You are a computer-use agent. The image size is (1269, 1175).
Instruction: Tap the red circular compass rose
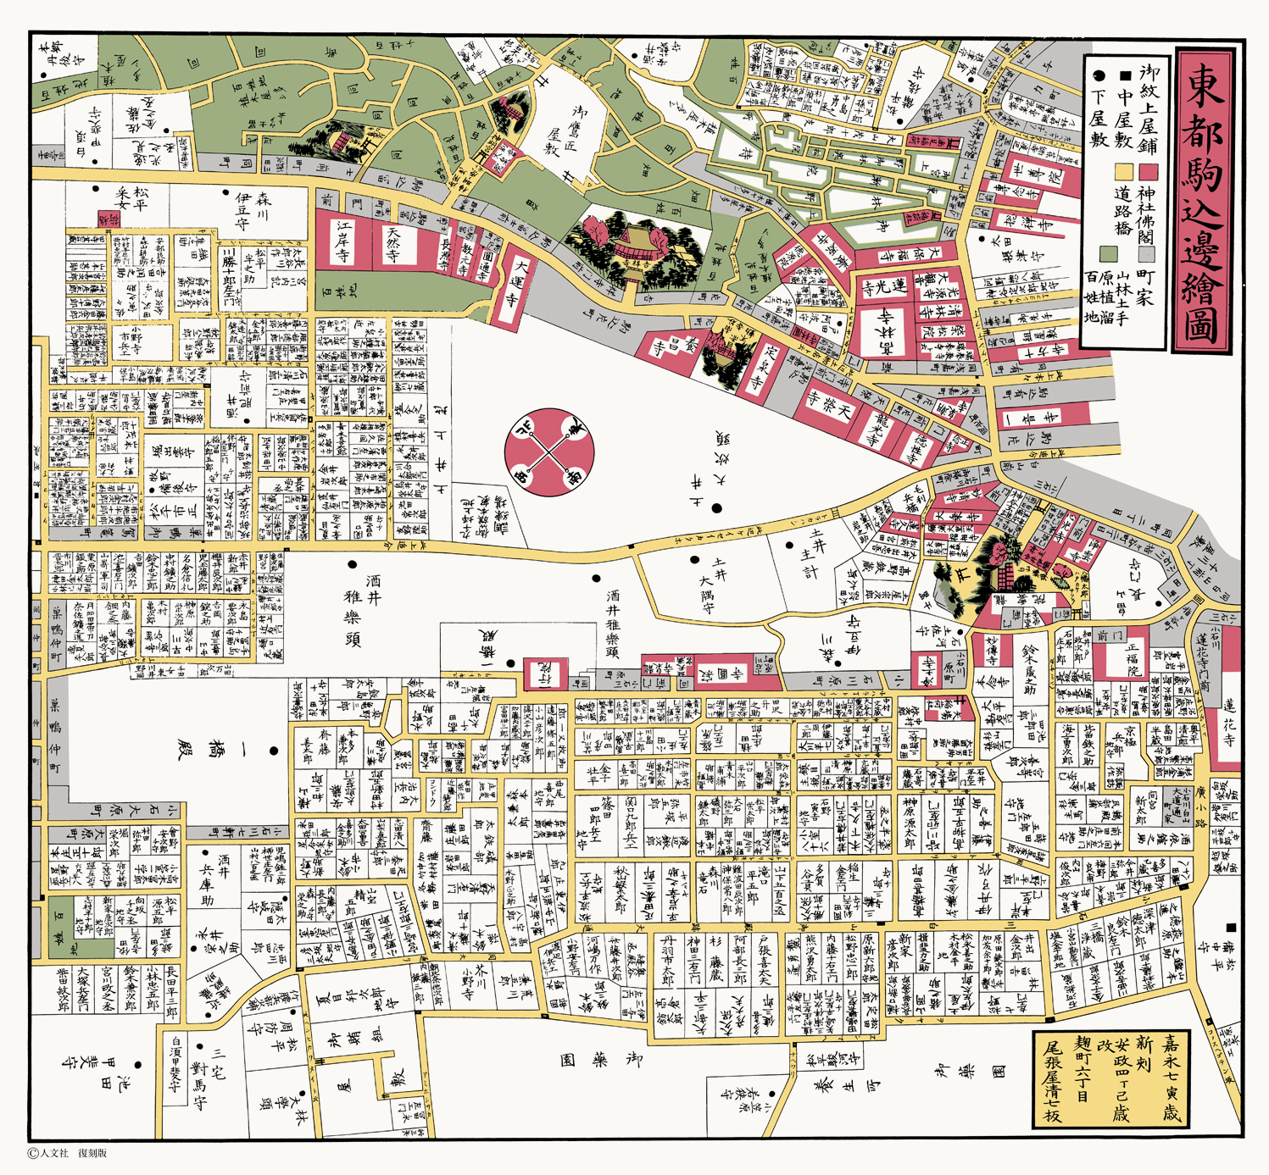(x=549, y=452)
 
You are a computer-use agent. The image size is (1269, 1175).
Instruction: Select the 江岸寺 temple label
(x=343, y=243)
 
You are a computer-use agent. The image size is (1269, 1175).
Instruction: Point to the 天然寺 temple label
(x=394, y=244)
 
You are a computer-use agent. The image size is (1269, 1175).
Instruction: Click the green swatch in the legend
(x=1107, y=252)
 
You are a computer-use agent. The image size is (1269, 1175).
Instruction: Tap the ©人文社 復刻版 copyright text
(x=68, y=1153)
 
